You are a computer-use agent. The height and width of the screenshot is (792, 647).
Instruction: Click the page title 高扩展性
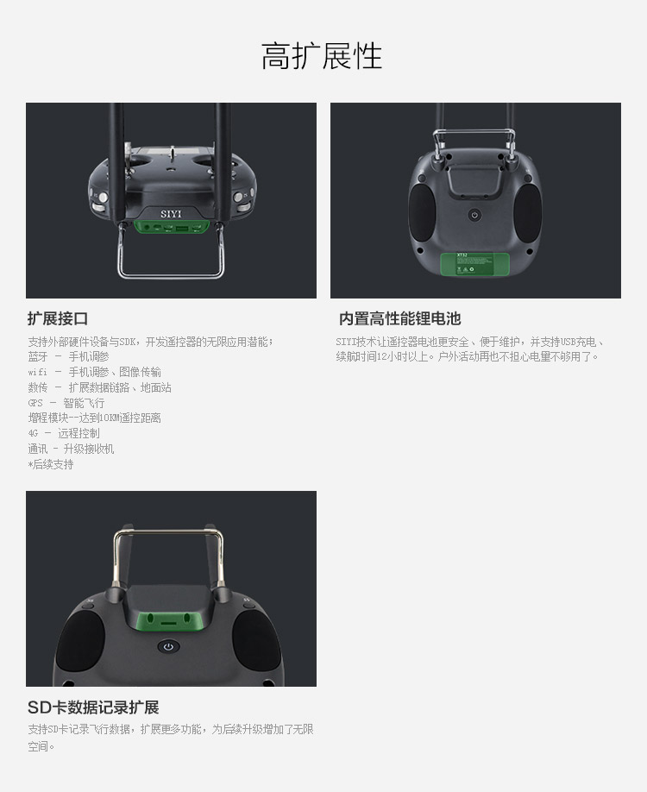coord(321,55)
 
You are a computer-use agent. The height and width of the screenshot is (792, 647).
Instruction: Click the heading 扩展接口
coord(58,318)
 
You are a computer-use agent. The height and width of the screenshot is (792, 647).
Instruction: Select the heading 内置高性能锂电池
coord(400,318)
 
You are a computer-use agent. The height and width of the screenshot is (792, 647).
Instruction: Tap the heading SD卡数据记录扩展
coord(93,707)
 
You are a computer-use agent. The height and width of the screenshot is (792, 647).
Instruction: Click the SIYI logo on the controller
coord(171,214)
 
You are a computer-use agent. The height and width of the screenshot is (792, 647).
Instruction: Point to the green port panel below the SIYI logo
coord(172,228)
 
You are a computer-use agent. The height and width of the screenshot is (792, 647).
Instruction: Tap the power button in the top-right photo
coord(474,215)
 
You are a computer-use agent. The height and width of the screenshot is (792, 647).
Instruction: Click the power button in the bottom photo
coord(168,646)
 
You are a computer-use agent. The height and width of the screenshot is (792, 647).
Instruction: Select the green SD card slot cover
coord(168,619)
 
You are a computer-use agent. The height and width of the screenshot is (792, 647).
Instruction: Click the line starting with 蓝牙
coord(69,356)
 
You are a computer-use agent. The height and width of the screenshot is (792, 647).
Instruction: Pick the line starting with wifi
coord(94,372)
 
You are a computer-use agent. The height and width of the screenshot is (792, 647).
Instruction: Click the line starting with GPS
coord(66,403)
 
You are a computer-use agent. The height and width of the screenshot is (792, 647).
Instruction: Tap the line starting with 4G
coord(64,433)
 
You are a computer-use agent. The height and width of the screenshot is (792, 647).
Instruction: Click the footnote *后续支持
coord(51,464)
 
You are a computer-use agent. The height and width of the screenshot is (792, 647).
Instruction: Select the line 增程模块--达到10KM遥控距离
coord(94,418)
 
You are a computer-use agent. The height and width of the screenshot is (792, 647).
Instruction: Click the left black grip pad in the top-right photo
coord(422,212)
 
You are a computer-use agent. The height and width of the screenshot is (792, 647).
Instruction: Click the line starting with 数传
coord(99,387)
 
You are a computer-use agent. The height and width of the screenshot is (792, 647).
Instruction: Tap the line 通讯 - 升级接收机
coord(71,449)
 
